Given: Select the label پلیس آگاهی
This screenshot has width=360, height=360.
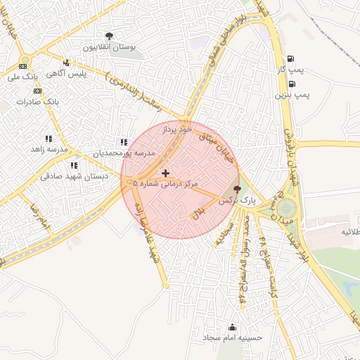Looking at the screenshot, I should coord(66,74).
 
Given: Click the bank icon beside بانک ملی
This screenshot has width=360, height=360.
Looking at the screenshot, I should coord(22,65).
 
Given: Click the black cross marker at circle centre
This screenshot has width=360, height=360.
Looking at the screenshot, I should coord(165,173).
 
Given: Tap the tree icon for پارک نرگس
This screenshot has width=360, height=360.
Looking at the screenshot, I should coord(237,188).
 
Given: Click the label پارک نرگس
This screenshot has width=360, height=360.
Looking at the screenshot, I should coord(237,200).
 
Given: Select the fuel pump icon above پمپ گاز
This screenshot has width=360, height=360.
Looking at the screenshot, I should coord(291,60).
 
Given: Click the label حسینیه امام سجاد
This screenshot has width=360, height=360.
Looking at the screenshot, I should coord(232,338).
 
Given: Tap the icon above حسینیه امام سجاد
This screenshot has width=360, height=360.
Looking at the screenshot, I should coord(232,326).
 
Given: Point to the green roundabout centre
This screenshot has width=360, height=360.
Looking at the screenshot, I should coord(287,209).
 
